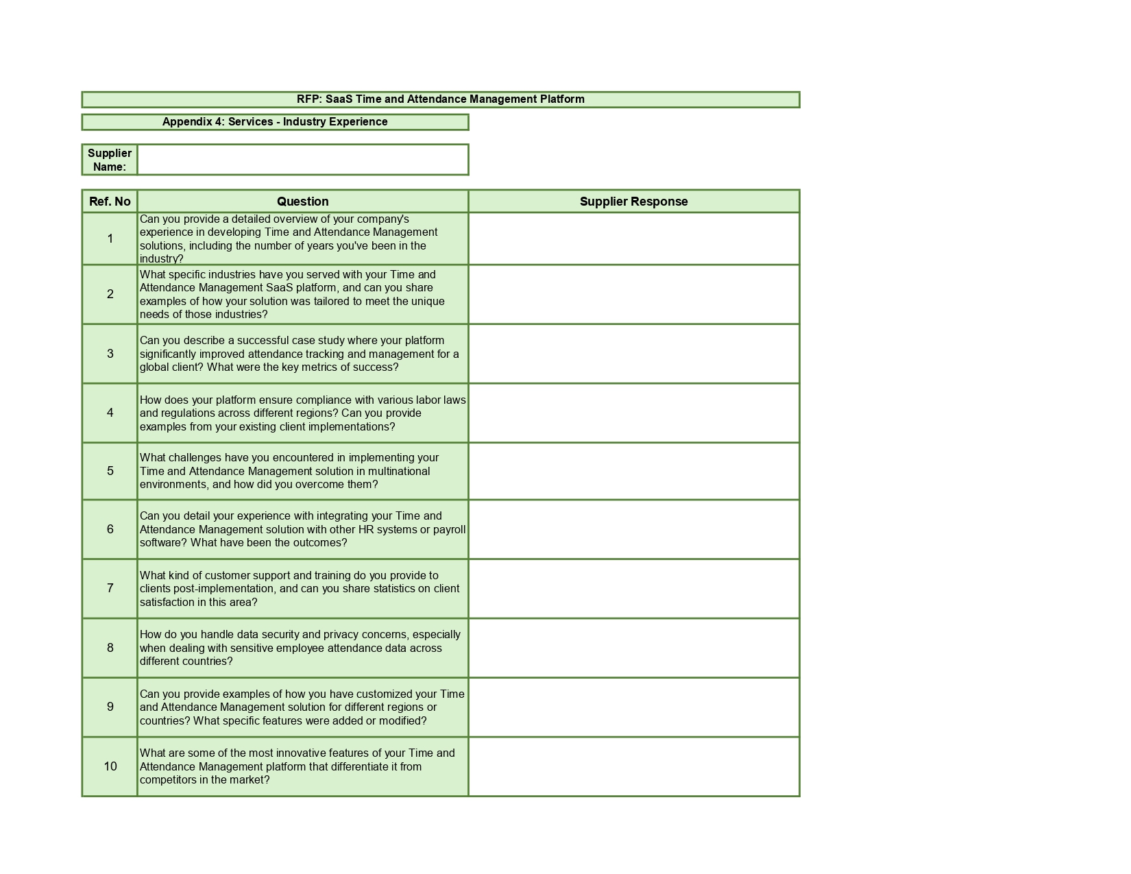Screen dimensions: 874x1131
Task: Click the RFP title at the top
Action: pyautogui.click(x=440, y=99)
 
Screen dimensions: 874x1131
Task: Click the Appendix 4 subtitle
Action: pyautogui.click(x=275, y=122)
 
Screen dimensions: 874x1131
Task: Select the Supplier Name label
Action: pyautogui.click(x=110, y=160)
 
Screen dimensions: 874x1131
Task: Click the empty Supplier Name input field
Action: pyautogui.click(x=302, y=160)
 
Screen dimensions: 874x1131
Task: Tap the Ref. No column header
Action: pyautogui.click(x=110, y=202)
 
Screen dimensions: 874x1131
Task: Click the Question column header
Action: pyautogui.click(x=302, y=202)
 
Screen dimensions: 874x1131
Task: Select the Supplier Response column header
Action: pyautogui.click(x=633, y=202)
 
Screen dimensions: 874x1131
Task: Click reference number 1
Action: pyautogui.click(x=110, y=239)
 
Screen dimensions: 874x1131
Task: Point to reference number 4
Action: pyautogui.click(x=110, y=413)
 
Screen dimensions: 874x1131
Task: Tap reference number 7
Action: pyautogui.click(x=110, y=588)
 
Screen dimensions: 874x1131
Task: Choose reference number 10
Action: pyautogui.click(x=110, y=766)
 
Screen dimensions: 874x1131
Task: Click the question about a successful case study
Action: pyautogui.click(x=300, y=354)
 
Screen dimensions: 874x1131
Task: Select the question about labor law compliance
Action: pyautogui.click(x=302, y=413)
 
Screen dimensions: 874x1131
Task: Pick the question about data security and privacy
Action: pyautogui.click(x=300, y=648)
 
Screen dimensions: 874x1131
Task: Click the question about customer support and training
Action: pyautogui.click(x=300, y=589)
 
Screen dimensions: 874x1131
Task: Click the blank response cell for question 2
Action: pyautogui.click(x=633, y=294)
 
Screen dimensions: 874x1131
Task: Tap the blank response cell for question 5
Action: pyautogui.click(x=633, y=471)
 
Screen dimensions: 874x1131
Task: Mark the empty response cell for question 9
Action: pyautogui.click(x=633, y=707)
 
